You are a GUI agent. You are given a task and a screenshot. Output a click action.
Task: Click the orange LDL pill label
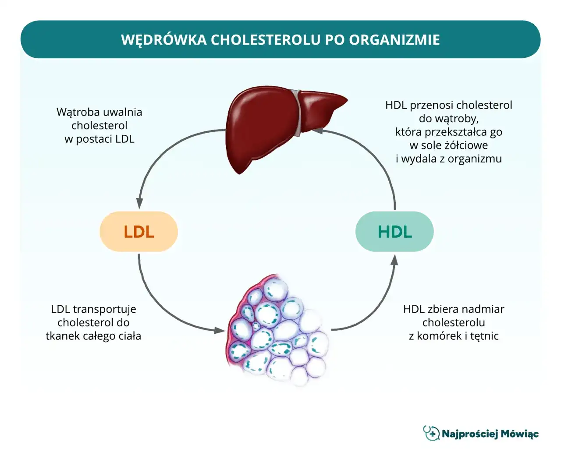[x=138, y=232]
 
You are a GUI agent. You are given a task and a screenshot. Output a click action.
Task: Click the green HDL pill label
[x=394, y=232]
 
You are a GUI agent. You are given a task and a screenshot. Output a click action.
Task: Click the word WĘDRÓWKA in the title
[x=163, y=40]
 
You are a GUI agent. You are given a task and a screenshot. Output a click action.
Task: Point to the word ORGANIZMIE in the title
[x=394, y=40]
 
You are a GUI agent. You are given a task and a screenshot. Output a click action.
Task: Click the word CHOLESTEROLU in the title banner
[x=266, y=40]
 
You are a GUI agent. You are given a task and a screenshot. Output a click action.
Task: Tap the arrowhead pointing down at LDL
[x=139, y=203]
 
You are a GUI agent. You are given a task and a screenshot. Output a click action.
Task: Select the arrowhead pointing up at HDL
[x=394, y=260]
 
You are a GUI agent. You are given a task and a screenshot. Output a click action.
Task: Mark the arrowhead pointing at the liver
[x=316, y=130]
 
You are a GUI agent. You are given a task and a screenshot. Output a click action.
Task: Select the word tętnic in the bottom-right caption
[x=484, y=336]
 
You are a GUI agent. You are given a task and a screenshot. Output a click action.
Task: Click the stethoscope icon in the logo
[x=431, y=433]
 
